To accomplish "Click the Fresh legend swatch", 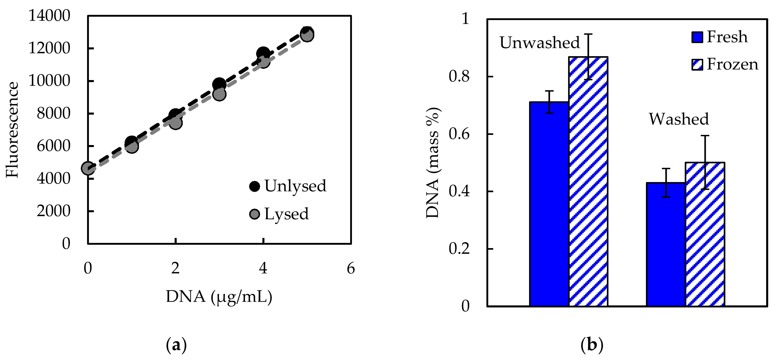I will (697, 37).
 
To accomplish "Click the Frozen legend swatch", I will (697, 64).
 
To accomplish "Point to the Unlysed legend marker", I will (255, 186).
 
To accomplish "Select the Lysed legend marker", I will (255, 214).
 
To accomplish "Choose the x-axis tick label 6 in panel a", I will (351, 268).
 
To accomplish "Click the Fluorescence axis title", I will (13, 130).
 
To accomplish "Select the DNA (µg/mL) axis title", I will (219, 297).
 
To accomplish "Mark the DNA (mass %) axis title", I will (433, 163).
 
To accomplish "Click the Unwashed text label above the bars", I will (540, 42).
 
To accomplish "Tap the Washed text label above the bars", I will (679, 119).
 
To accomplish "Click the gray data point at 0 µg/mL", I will (88, 168).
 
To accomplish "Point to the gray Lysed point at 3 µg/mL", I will (219, 94).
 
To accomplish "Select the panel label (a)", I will (176, 345).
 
